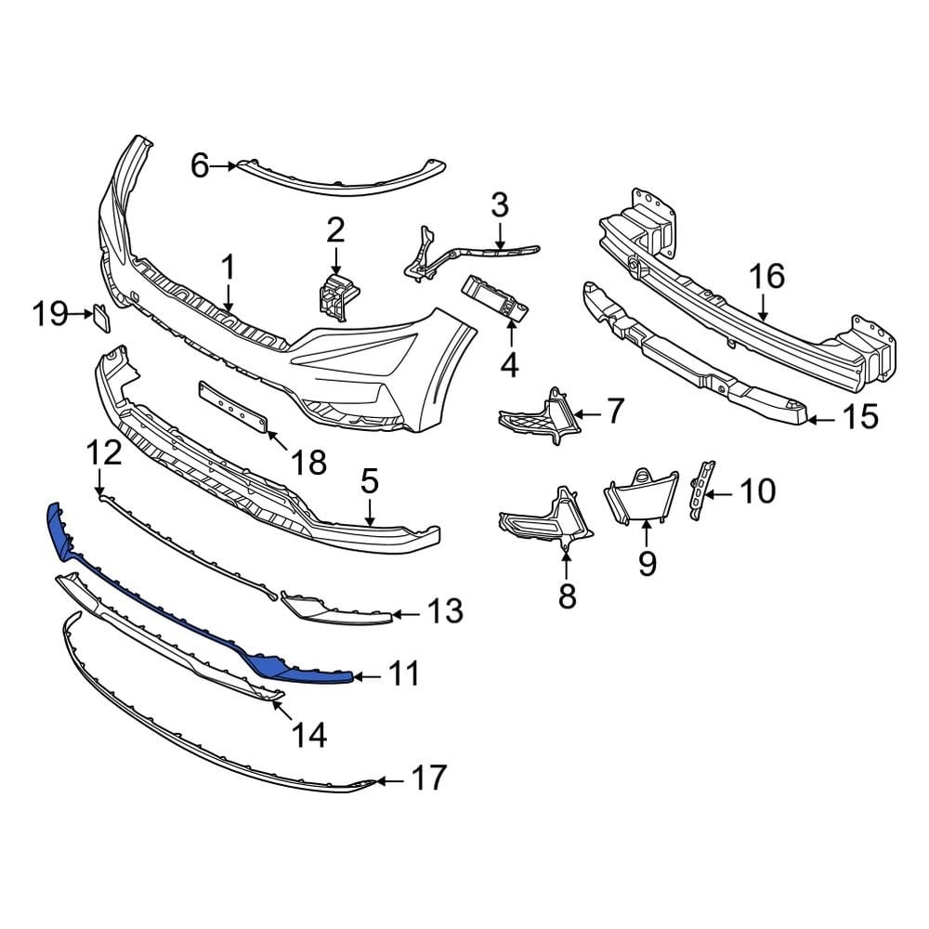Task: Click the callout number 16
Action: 767,276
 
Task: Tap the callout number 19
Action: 52,315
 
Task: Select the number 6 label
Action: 200,166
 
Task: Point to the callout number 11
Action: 403,675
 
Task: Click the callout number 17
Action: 428,779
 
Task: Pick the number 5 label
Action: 369,481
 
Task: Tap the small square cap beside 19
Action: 100,319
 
